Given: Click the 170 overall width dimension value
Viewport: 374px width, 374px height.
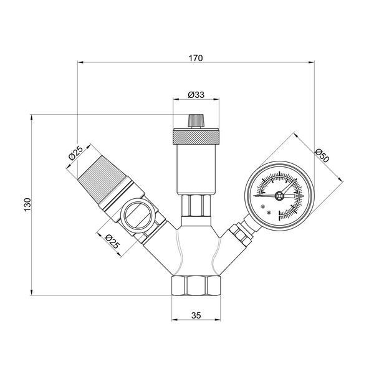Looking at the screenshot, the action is (x=196, y=58).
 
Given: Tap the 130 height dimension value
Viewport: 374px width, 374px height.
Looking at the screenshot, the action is (x=27, y=204).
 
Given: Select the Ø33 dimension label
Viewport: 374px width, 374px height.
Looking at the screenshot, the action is (x=196, y=95).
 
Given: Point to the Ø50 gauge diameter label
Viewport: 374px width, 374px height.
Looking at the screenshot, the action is (x=322, y=155).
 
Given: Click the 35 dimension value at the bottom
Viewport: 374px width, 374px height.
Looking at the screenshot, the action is (x=196, y=315).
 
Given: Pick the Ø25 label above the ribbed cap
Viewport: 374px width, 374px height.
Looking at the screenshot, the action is (x=75, y=153).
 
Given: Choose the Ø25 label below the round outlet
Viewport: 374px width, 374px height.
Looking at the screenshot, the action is (x=112, y=241).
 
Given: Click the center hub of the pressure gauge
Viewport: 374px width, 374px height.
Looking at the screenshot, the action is (x=279, y=196).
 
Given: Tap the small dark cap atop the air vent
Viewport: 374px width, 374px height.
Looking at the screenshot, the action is (x=196, y=121).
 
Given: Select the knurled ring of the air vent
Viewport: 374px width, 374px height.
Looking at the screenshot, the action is (x=196, y=137).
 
